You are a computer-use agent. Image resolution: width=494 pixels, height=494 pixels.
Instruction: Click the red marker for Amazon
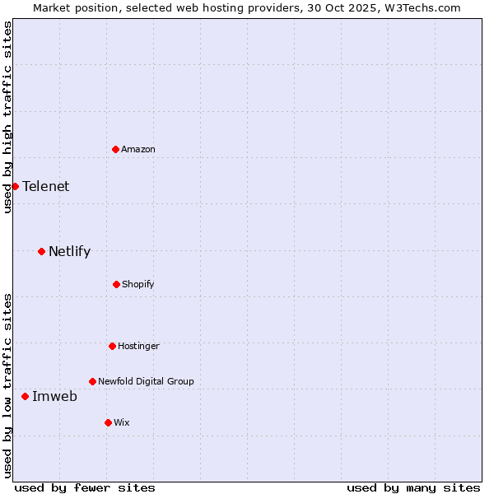(115, 149)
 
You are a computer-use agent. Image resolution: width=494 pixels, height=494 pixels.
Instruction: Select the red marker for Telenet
(15, 186)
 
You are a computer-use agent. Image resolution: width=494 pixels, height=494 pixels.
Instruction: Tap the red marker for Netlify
(41, 251)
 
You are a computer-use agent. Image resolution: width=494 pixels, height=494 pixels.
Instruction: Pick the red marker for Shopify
(116, 284)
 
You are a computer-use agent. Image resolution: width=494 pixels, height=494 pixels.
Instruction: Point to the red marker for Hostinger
(112, 346)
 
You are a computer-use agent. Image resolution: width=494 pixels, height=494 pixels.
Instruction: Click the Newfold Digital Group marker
(92, 381)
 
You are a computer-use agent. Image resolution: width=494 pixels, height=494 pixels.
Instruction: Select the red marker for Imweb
(25, 396)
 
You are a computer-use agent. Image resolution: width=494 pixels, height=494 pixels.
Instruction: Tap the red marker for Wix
(108, 422)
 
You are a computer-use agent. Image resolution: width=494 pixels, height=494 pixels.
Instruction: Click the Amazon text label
(138, 149)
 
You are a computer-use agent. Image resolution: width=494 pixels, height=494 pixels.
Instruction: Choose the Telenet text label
(46, 186)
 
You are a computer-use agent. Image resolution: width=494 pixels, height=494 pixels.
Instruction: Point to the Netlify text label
(69, 251)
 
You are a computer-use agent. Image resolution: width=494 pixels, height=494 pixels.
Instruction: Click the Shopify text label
(138, 284)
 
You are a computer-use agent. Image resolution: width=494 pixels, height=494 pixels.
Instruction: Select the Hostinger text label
(138, 346)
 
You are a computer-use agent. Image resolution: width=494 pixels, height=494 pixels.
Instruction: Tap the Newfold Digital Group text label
(146, 381)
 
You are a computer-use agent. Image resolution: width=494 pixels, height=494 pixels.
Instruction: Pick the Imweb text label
(54, 396)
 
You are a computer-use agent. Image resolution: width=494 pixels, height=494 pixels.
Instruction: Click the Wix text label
(122, 422)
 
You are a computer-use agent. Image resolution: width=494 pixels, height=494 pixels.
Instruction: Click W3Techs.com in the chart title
(420, 7)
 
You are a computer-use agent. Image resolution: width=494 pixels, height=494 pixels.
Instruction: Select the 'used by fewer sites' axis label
(85, 487)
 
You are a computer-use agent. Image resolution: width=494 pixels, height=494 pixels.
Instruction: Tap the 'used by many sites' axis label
(413, 487)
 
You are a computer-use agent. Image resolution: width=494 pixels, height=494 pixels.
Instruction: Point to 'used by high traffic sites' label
(7, 117)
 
